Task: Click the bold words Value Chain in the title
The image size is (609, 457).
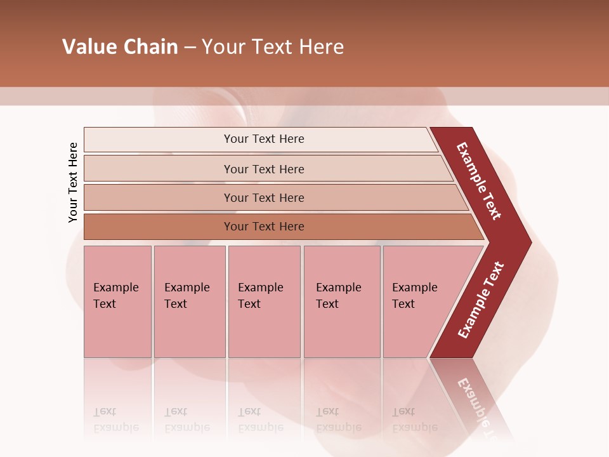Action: pos(120,47)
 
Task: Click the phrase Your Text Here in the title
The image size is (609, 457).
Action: pos(273,47)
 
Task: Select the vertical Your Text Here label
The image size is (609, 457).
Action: pos(73,182)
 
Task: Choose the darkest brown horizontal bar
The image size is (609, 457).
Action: pos(159,227)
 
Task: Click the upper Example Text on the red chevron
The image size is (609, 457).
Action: pos(479,181)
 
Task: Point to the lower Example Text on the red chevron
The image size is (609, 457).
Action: pos(481,300)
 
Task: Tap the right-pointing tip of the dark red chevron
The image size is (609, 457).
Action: pos(528,242)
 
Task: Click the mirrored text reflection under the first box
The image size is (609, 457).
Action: pos(115,420)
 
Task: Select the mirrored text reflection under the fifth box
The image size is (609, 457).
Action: pos(414,420)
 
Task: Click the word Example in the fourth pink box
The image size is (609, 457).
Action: pos(338,288)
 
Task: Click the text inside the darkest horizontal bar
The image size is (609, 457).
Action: pos(264,227)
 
